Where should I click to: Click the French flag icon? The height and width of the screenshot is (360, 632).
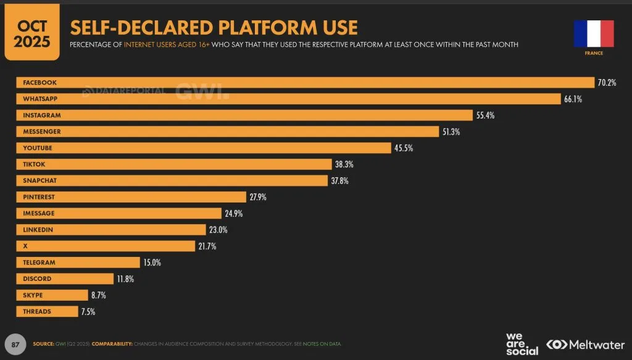tap(594, 33)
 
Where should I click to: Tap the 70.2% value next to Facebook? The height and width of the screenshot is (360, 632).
tap(607, 83)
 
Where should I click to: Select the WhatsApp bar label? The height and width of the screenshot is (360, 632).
tap(40, 99)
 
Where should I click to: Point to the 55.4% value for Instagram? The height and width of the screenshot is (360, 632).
tap(485, 115)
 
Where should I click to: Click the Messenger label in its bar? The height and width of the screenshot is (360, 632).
tap(42, 132)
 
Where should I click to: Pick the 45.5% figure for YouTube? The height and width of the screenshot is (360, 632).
tap(404, 148)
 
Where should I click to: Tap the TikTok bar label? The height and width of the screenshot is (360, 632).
tap(34, 164)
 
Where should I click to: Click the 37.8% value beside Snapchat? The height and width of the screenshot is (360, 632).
tap(340, 180)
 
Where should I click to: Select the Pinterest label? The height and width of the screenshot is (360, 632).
tap(39, 197)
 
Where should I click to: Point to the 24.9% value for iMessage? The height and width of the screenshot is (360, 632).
tap(234, 213)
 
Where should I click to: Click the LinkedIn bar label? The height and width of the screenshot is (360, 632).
tap(38, 230)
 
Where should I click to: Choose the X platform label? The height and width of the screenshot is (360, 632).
tap(25, 246)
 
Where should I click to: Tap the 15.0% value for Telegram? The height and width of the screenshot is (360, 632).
tap(152, 262)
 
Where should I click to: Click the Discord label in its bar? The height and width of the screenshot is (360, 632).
tap(37, 279)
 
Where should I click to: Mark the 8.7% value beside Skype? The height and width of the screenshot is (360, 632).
tap(99, 295)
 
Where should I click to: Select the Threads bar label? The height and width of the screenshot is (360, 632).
tap(37, 312)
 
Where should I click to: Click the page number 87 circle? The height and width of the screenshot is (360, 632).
tap(15, 345)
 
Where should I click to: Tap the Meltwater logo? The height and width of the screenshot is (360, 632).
tap(585, 345)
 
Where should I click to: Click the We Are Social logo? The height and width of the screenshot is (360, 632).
tap(522, 344)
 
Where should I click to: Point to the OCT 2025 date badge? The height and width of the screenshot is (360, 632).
tap(32, 32)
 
